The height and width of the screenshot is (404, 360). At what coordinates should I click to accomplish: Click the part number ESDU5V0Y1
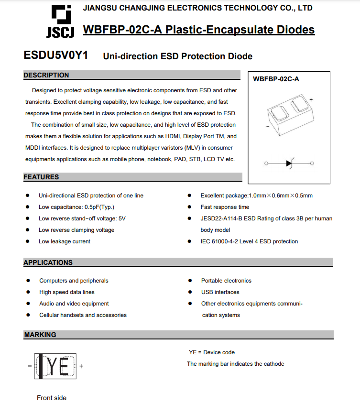(55, 55)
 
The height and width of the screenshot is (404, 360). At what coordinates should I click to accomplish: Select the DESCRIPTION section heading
(46, 75)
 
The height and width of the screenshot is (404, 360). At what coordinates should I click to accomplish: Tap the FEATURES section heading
(42, 177)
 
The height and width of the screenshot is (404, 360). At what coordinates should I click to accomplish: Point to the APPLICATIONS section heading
(48, 262)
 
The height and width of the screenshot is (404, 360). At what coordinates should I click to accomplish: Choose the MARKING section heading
(40, 335)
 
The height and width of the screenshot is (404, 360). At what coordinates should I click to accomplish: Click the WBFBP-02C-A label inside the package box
(276, 79)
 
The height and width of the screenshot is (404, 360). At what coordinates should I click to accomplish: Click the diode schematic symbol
(289, 164)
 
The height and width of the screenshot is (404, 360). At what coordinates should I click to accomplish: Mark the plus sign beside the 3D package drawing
(311, 99)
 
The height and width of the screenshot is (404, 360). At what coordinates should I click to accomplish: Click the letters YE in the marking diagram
(59, 366)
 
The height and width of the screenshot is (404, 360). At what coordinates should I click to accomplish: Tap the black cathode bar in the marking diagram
(42, 366)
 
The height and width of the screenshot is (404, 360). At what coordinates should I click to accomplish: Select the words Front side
(52, 398)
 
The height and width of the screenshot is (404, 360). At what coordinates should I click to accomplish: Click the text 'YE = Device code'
(212, 352)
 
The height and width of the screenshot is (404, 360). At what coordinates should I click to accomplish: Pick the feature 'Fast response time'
(225, 207)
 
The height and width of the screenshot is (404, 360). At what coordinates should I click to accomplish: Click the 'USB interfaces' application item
(220, 292)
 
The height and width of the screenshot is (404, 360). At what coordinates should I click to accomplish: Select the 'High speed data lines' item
(67, 292)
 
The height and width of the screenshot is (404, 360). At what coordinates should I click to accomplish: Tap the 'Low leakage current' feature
(65, 241)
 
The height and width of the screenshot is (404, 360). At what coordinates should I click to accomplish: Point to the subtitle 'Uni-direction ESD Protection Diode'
(178, 56)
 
